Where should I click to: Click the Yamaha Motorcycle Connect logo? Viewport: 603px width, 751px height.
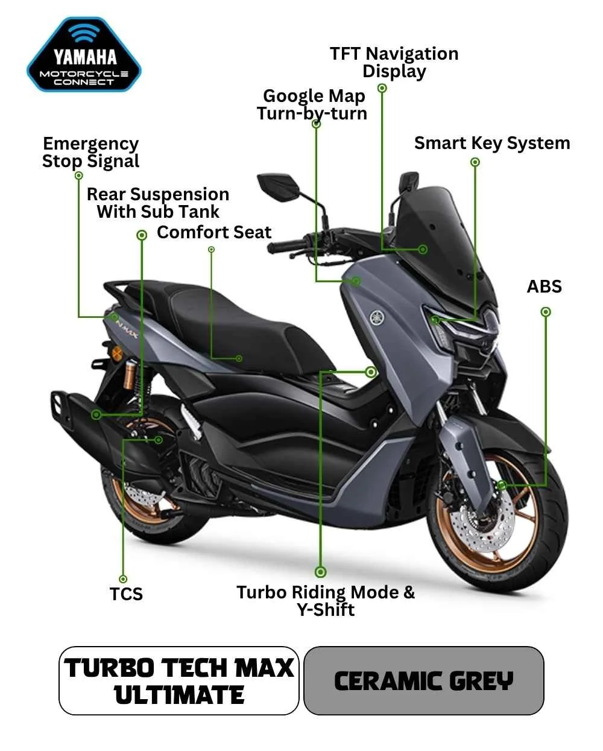(x=84, y=54)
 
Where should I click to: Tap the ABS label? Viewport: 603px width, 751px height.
(x=544, y=287)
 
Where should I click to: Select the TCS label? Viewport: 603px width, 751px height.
(x=126, y=594)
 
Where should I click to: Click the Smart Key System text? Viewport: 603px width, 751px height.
(x=492, y=144)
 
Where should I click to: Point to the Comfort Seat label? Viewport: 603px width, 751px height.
(x=214, y=232)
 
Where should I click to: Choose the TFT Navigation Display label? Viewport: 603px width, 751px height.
(x=394, y=63)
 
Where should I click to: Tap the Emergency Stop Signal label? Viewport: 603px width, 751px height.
(x=90, y=153)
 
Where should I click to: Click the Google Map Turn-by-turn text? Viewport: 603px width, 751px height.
(x=312, y=105)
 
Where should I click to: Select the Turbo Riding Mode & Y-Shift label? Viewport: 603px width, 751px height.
(x=326, y=601)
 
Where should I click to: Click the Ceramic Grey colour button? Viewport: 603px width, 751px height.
(x=424, y=680)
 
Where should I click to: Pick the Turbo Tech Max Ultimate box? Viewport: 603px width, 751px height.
(x=178, y=680)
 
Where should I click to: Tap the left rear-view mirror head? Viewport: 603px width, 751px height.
(x=279, y=185)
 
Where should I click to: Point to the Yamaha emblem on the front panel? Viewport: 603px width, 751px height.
(x=377, y=318)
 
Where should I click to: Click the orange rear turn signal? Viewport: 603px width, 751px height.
(x=117, y=353)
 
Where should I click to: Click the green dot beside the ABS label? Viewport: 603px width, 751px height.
(x=546, y=312)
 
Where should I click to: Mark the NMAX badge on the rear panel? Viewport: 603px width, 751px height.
(x=127, y=329)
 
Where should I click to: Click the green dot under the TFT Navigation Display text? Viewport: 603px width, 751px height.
(x=382, y=88)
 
